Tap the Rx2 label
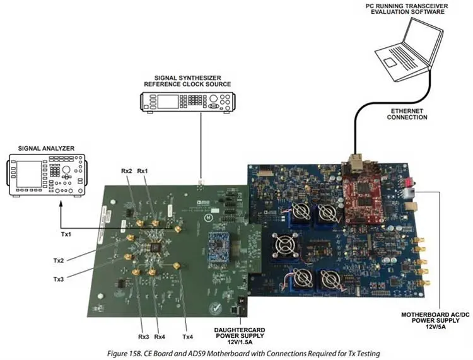coord(127,170)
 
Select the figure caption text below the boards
coord(237,353)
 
